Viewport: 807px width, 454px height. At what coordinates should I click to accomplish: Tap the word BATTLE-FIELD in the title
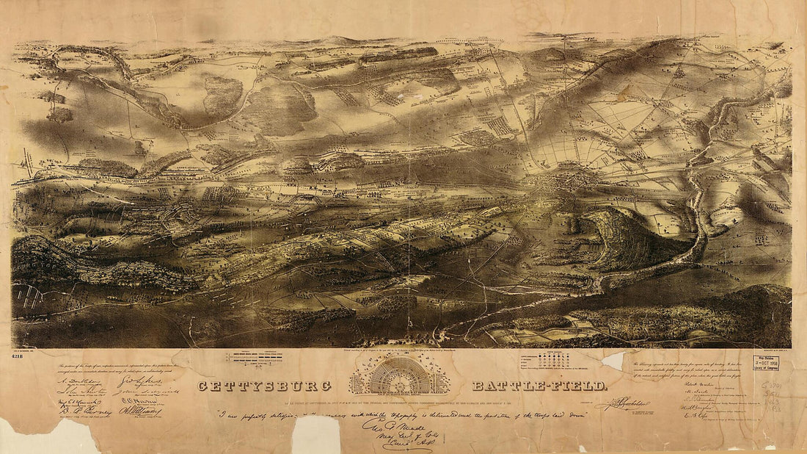(539, 386)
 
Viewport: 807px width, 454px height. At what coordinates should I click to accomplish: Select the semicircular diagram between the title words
(401, 375)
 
